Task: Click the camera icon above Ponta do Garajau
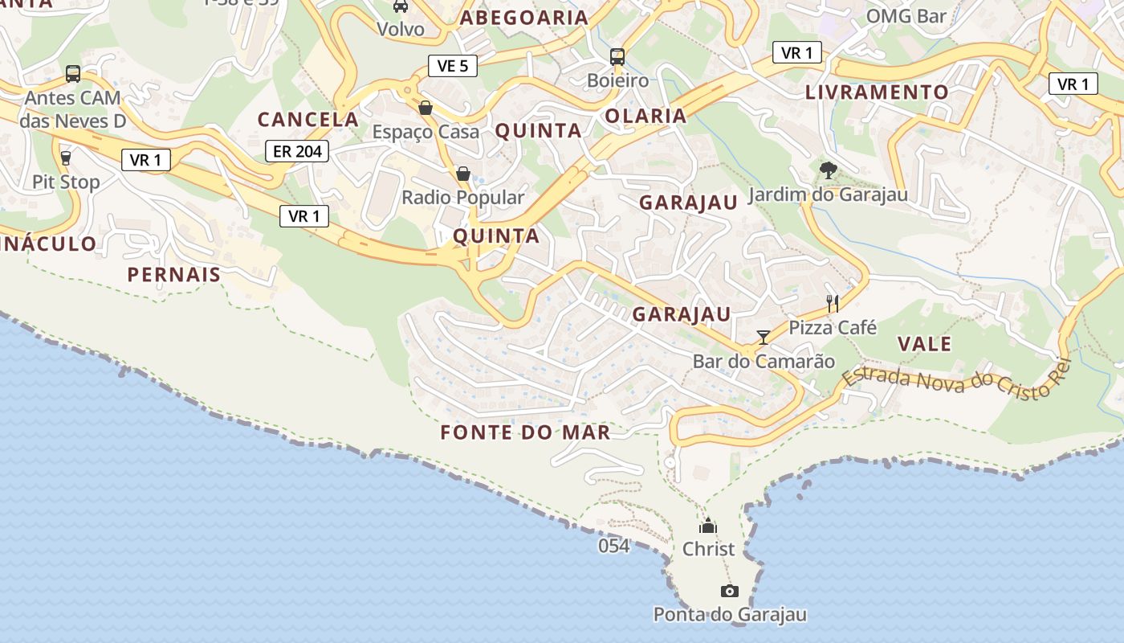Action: pos(729,592)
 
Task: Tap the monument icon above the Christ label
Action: pos(707,526)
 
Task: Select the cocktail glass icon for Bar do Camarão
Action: pos(763,338)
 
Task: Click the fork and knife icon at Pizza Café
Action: pos(833,303)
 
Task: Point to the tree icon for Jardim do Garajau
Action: pos(828,170)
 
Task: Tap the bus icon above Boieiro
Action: pos(617,57)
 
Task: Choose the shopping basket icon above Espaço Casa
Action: pos(426,108)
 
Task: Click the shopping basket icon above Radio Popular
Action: pos(462,174)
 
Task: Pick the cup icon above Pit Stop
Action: pos(66,158)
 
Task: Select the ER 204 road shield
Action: pos(297,150)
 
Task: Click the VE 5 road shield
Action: pos(453,66)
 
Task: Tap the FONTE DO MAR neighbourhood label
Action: pos(525,432)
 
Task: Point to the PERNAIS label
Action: pos(173,275)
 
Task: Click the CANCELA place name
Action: pos(307,120)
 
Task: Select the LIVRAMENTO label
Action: pos(877,92)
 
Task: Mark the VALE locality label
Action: pos(924,344)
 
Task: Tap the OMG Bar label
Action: pos(906,16)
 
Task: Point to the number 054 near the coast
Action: pos(613,547)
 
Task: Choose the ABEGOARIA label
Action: pos(523,18)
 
